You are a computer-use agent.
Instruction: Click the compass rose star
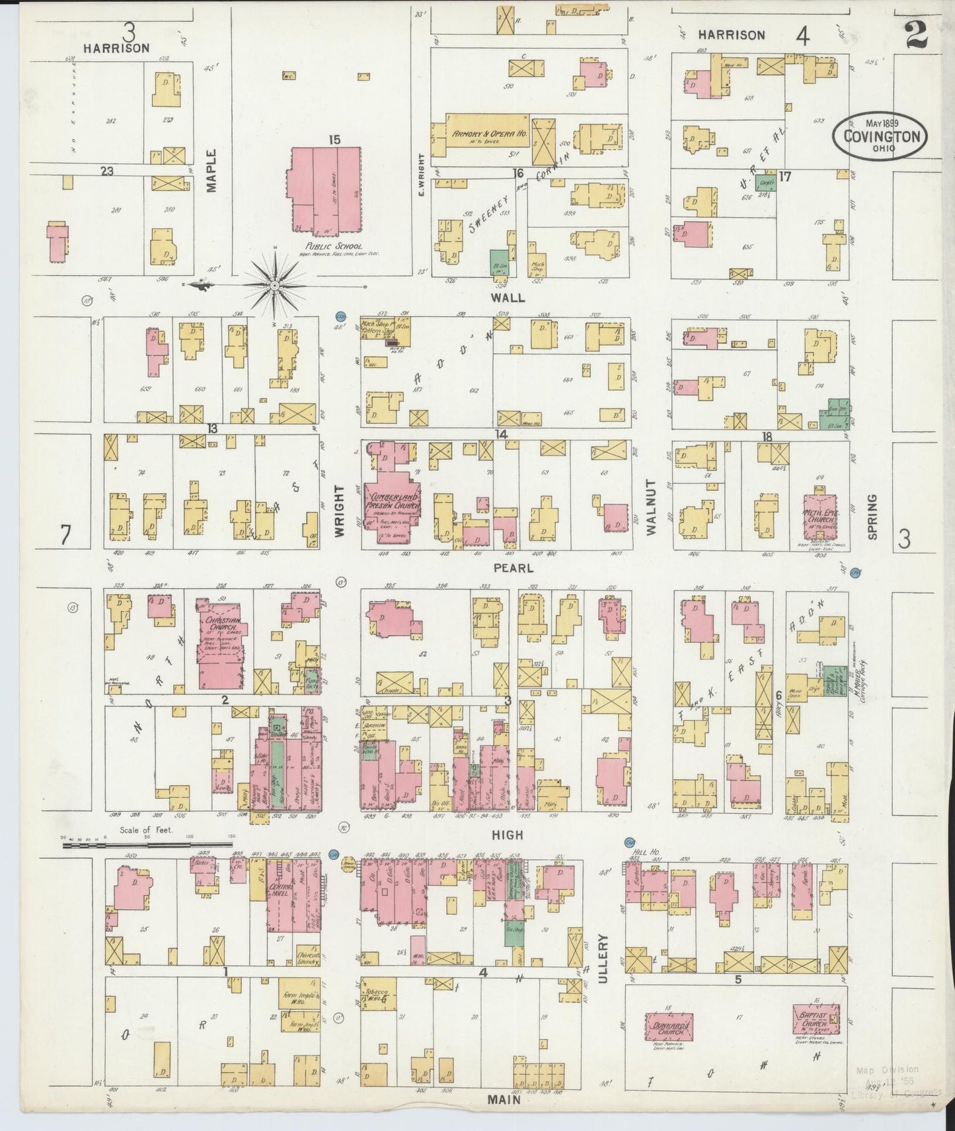(274, 285)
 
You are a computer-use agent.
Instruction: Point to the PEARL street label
(513, 568)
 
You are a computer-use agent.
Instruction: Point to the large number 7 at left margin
(65, 535)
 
